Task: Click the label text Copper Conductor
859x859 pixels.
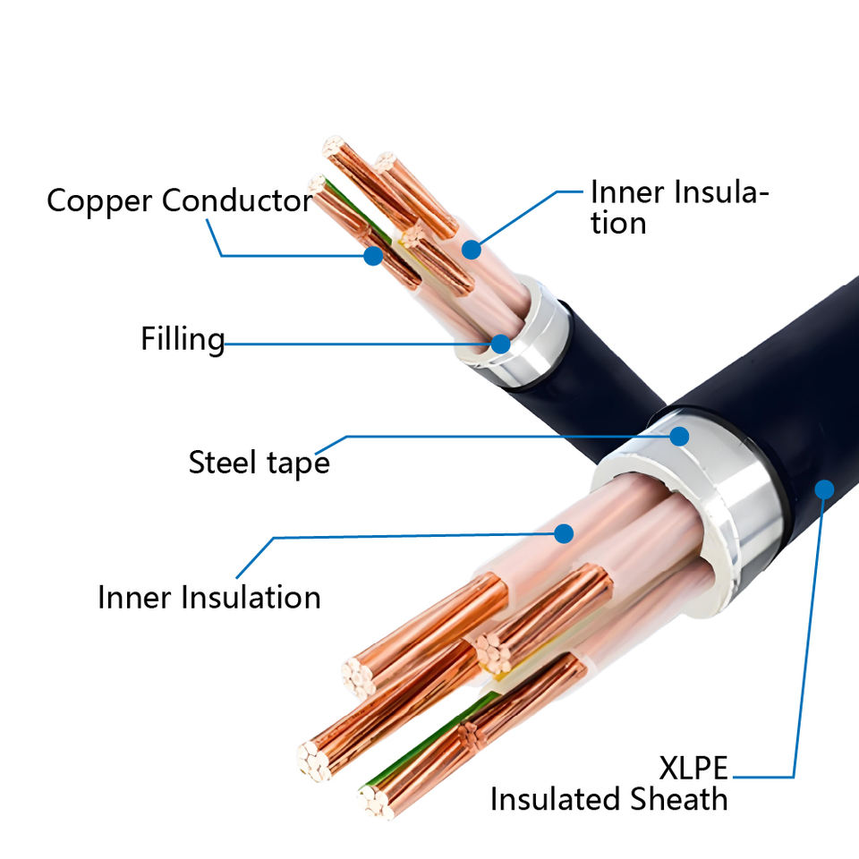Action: (179, 200)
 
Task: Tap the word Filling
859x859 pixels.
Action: (183, 339)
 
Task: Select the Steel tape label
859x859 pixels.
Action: (259, 462)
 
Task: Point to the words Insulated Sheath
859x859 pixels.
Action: (608, 798)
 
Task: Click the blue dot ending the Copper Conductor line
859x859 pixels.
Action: (373, 255)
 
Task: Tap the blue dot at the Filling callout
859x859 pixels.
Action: (500, 343)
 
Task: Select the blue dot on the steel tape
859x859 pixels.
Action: (679, 437)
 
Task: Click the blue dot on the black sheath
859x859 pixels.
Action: (824, 489)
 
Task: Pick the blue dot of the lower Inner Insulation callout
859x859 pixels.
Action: (563, 533)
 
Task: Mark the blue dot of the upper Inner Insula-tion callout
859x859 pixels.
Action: (471, 250)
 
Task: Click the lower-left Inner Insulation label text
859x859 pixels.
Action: (209, 597)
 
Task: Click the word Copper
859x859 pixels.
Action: (99, 201)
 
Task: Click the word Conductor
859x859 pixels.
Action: (237, 200)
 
